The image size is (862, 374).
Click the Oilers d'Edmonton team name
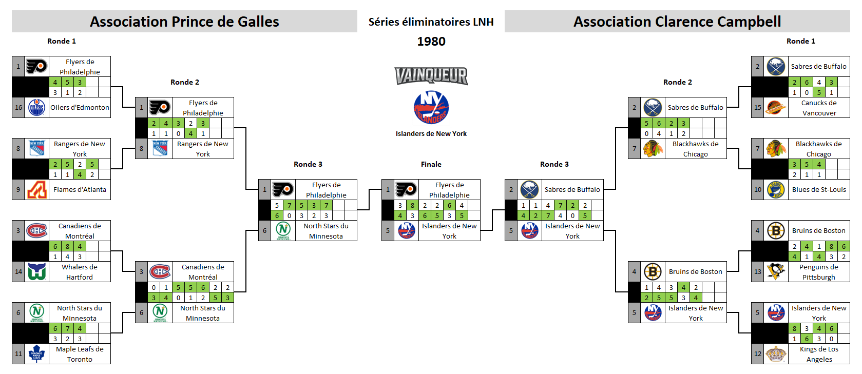pos(80,108)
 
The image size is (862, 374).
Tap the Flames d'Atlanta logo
pos(37,189)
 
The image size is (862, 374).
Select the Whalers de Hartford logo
pos(37,271)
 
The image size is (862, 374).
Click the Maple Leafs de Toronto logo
pos(37,353)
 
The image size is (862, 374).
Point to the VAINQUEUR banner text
pos(431,76)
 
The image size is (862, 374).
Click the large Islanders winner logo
pos(431,108)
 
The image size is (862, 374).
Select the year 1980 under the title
pos(431,42)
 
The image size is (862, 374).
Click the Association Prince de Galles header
pos(184,22)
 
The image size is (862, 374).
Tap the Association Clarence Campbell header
pos(677,22)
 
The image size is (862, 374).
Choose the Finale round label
pos(431,164)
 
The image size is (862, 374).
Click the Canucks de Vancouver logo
pos(776,108)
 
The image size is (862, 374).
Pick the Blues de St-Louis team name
pos(819,189)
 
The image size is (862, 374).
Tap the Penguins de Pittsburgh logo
pos(776,271)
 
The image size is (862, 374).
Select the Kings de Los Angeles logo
pos(776,353)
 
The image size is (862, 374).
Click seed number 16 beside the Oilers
pos(18,108)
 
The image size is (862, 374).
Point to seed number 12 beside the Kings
pos(758,353)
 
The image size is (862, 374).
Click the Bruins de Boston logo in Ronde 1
pos(776,231)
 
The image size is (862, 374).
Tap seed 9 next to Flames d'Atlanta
pos(18,189)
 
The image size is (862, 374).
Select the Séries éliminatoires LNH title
pos(431,22)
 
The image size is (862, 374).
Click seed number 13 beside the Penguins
pos(758,271)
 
